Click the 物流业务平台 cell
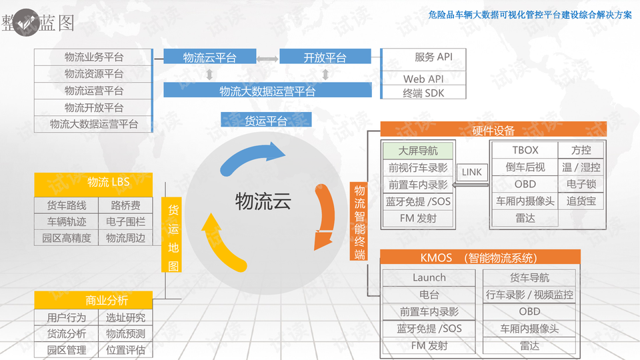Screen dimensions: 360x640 coord(93,57)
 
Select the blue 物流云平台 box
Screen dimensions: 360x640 coord(209,57)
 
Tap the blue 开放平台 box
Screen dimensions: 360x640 coord(325,57)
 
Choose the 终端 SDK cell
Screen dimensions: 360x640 coord(423,93)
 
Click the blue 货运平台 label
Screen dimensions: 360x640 coord(266,120)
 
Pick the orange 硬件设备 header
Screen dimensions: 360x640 coord(493,130)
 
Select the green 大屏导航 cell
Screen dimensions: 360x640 coord(417,151)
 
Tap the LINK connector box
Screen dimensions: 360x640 coord(471,172)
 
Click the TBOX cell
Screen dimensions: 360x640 coord(525,150)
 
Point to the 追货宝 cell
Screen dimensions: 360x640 coord(581,201)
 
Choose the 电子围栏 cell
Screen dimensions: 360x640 coord(125,221)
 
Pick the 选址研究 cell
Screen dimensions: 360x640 coord(125,317)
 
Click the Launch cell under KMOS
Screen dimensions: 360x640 coord(429,277)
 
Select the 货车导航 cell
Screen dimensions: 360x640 coord(529,277)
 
